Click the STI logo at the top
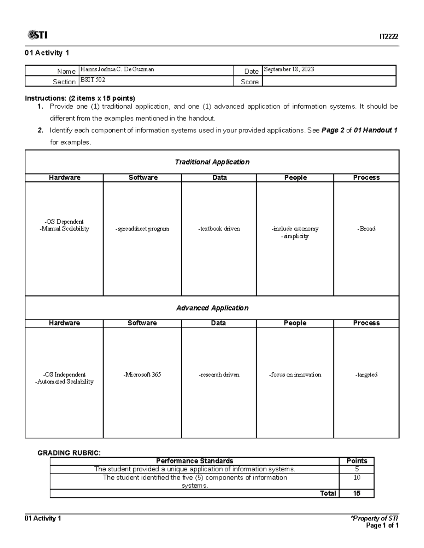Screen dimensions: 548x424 37,35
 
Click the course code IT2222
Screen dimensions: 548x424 389,37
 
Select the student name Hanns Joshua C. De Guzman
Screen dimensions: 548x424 117,70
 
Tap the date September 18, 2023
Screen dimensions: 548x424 289,70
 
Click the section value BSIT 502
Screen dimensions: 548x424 93,80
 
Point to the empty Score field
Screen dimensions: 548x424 329,82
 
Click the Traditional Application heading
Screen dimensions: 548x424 212,162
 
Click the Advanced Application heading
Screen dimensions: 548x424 212,308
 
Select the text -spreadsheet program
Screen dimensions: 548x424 142,229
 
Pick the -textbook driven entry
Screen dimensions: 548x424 219,229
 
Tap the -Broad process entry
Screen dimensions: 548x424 366,229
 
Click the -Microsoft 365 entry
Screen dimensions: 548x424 142,375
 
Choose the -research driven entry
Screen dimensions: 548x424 219,375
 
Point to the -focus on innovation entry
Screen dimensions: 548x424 295,375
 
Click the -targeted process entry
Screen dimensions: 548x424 366,375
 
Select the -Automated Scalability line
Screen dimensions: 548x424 64,382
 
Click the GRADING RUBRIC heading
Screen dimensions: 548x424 69,453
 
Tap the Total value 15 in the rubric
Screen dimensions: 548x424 357,493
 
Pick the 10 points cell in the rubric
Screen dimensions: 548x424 357,477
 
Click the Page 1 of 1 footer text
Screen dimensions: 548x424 382,525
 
